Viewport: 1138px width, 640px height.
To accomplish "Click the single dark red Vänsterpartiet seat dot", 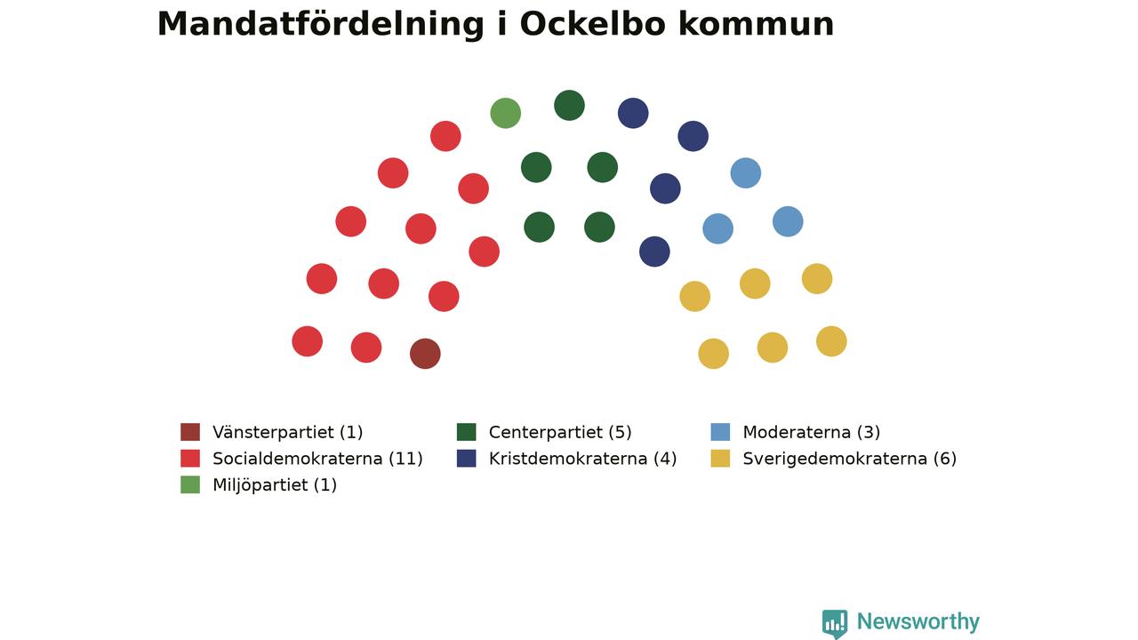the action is click(x=425, y=354).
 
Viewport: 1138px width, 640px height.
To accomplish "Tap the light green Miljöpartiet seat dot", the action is click(x=506, y=113).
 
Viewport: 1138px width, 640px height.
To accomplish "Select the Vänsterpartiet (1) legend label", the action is click(x=287, y=432).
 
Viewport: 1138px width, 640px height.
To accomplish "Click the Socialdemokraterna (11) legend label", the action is click(x=317, y=459).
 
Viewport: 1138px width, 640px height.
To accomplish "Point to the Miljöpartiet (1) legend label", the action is click(x=275, y=485).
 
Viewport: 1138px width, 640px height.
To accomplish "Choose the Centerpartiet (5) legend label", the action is click(x=560, y=432).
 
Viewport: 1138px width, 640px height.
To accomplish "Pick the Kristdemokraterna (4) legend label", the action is click(x=582, y=459).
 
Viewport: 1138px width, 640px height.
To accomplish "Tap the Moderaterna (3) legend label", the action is click(x=812, y=432).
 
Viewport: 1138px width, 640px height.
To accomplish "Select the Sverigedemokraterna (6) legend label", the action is click(x=849, y=459).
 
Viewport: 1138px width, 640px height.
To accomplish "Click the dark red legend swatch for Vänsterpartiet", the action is click(x=190, y=432).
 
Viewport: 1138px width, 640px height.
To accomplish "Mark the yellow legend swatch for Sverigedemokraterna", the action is click(x=720, y=458).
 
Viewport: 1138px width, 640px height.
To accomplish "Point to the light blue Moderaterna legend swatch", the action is click(x=720, y=432).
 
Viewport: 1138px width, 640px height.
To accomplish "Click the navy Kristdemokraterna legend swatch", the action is click(x=467, y=458).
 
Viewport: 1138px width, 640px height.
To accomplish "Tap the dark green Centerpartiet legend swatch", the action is click(x=467, y=432).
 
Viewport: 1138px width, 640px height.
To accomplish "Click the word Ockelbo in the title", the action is click(x=592, y=24).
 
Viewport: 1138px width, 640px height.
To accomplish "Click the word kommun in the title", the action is click(x=756, y=24).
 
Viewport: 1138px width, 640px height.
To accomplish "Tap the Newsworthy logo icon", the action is click(x=835, y=623).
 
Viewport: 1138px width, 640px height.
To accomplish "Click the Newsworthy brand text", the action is click(x=918, y=621).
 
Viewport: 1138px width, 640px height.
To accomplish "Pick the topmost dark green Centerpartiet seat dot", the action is click(x=570, y=105).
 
